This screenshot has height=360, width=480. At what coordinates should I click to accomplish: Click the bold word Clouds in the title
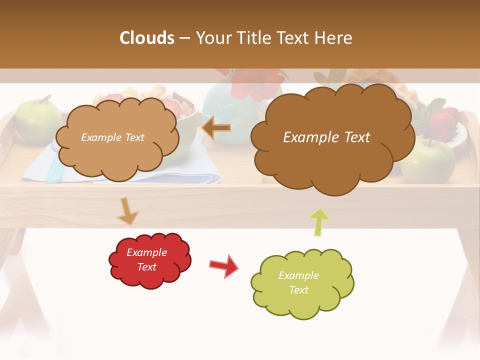coord(147,38)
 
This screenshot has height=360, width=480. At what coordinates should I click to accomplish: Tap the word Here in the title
coord(334,38)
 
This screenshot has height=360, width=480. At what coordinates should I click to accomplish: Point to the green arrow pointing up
coord(319,221)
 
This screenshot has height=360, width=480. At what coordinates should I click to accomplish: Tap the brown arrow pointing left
coord(216,128)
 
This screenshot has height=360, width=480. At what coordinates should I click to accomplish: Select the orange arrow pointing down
coord(127,210)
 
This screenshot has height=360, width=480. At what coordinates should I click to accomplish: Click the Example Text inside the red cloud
coord(147,259)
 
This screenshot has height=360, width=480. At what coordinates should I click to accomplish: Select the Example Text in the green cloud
coord(298,282)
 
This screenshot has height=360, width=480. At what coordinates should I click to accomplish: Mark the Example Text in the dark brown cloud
coord(326,137)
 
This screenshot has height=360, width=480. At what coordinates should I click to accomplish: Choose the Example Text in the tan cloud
coord(112,137)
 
